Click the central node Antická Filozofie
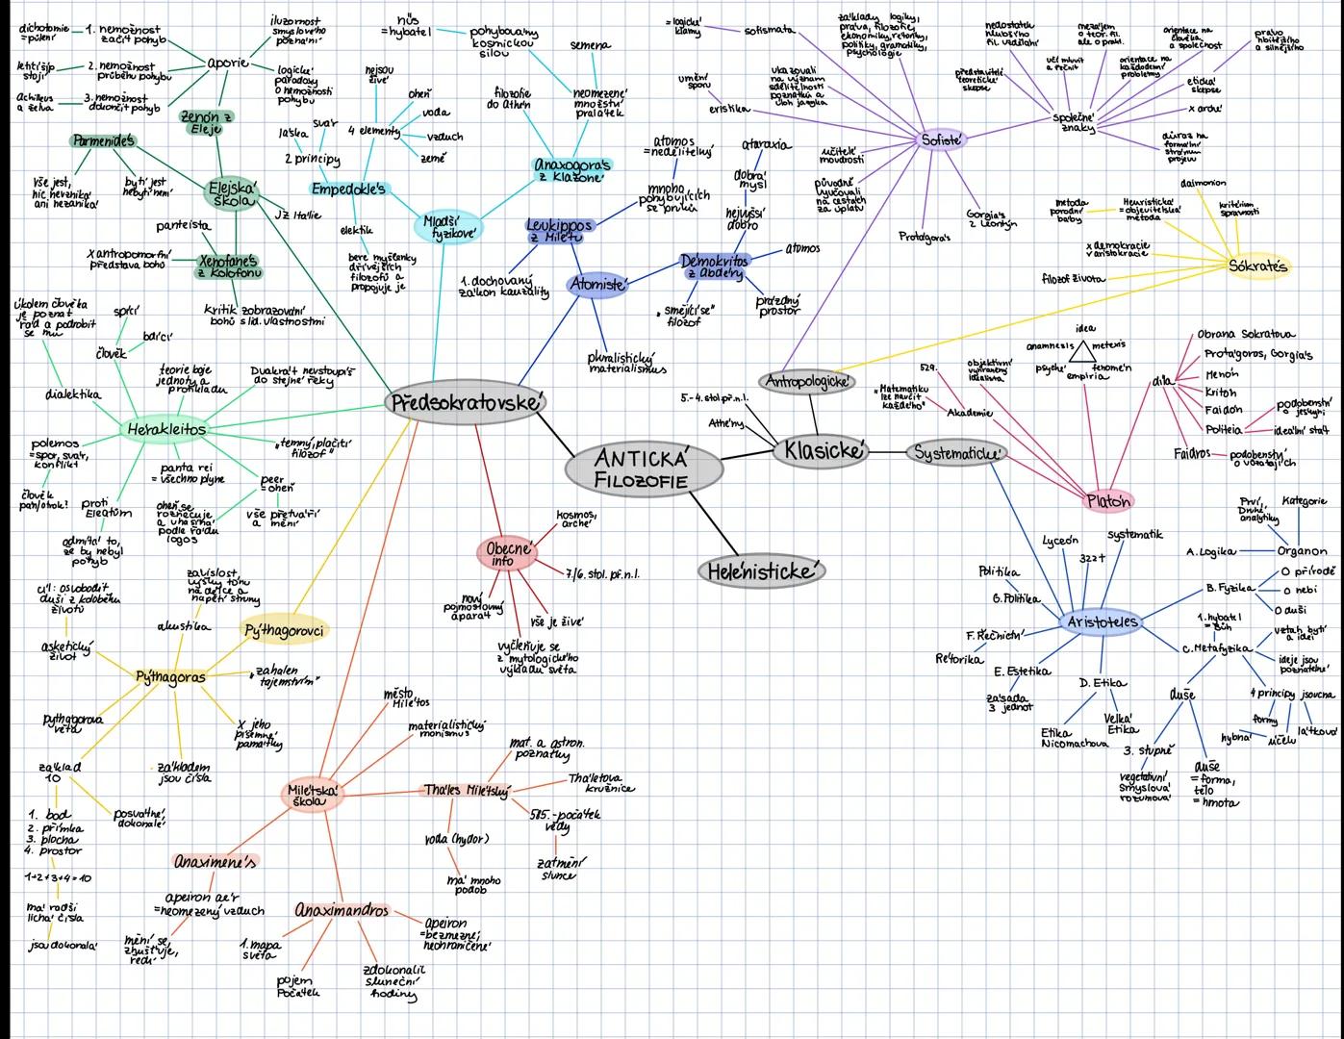[x=644, y=469]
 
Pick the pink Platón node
[x=1108, y=500]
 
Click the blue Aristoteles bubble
[x=1103, y=622]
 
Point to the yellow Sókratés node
[x=1257, y=266]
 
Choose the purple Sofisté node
[x=940, y=140]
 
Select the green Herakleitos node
[x=165, y=429]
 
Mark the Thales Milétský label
[x=467, y=791]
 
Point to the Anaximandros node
[x=342, y=910]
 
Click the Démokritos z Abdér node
[x=714, y=266]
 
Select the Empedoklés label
[x=347, y=189]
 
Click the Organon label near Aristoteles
[x=1302, y=551]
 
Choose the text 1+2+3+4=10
[x=58, y=877]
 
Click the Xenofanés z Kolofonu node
[x=228, y=266]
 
